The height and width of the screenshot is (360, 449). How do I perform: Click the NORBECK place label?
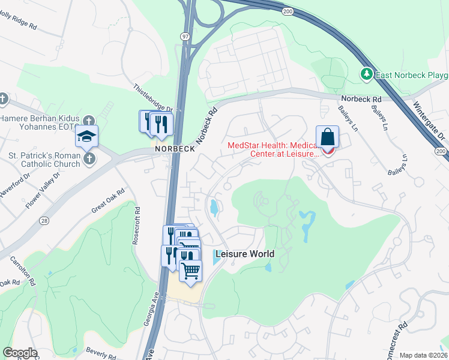click(x=174, y=149)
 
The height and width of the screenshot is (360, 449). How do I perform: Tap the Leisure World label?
click(x=241, y=254)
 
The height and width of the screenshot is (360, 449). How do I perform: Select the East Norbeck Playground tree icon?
click(x=366, y=74)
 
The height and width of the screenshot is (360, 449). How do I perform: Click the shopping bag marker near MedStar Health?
click(x=328, y=137)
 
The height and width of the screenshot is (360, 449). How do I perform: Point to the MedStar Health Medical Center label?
click(x=272, y=149)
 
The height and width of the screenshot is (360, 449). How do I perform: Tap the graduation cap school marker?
click(x=86, y=136)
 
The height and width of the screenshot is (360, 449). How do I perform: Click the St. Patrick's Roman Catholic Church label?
click(x=44, y=160)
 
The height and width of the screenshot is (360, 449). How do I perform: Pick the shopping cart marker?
click(x=191, y=271)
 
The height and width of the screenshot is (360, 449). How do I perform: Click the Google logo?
click(x=20, y=353)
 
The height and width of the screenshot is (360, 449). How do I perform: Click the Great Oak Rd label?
click(x=107, y=200)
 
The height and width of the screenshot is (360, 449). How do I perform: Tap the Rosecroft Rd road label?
click(x=137, y=225)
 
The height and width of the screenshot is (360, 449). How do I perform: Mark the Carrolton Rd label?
click(x=22, y=271)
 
